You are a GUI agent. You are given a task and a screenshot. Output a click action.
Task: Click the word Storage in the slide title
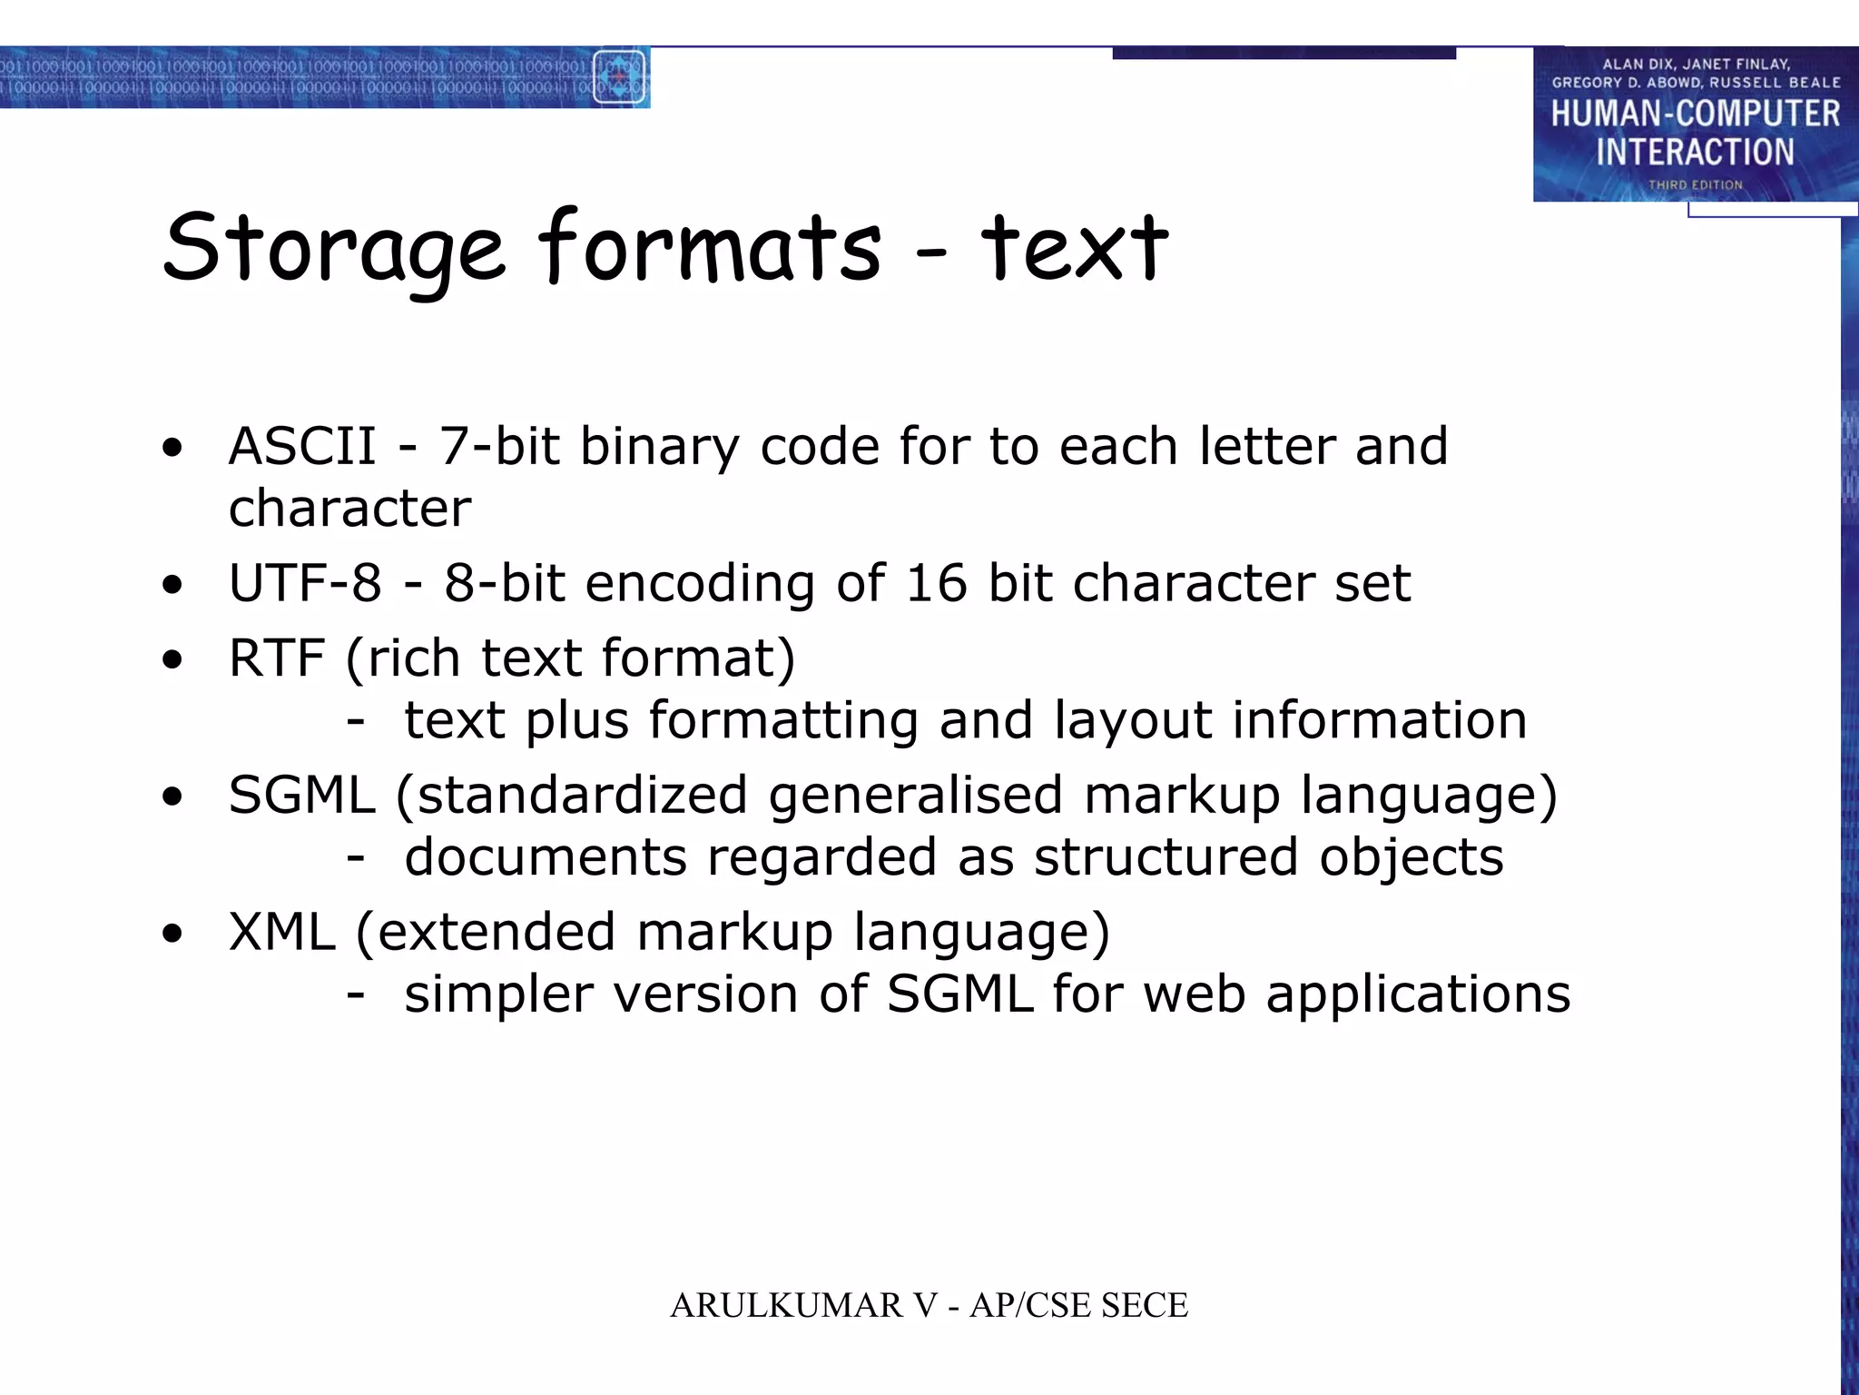pyautogui.click(x=333, y=248)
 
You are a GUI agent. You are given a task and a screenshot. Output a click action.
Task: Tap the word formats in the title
pyautogui.click(x=709, y=246)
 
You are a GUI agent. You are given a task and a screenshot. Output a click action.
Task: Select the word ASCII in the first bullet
pyautogui.click(x=302, y=446)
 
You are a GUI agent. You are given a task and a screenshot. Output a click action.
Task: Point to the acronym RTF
pyautogui.click(x=276, y=658)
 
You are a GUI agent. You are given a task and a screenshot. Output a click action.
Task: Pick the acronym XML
pyautogui.click(x=281, y=932)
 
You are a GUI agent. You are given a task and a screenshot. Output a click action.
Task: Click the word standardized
pyautogui.click(x=582, y=796)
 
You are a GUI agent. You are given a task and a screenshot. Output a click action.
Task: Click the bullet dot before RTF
pyautogui.click(x=172, y=660)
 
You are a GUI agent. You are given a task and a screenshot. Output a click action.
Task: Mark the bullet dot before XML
pyautogui.click(x=172, y=935)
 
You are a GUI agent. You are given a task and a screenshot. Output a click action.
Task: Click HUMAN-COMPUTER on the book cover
pyautogui.click(x=1695, y=114)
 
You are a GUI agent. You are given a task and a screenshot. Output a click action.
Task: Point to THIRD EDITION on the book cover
pyautogui.click(x=1695, y=185)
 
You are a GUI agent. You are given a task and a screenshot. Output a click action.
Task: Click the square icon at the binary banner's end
pyautogui.click(x=619, y=77)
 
